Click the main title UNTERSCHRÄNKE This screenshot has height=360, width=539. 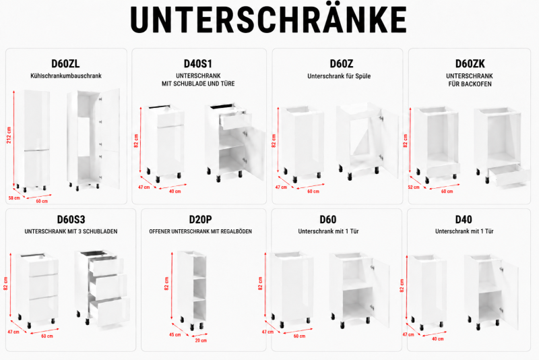[268, 19]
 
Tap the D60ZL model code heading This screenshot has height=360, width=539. [65, 63]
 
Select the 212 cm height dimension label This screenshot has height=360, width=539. [9, 135]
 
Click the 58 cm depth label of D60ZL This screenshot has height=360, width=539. [14, 198]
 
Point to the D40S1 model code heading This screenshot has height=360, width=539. [198, 63]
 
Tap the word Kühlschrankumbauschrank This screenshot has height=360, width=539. [66, 76]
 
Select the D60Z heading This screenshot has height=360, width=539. [341, 63]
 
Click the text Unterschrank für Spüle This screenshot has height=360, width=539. [339, 76]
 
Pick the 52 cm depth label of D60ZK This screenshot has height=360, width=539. [414, 187]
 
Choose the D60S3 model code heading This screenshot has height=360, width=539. [71, 219]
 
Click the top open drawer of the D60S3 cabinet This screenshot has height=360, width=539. [106, 266]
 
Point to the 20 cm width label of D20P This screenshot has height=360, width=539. [201, 340]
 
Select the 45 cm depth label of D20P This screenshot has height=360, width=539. [175, 334]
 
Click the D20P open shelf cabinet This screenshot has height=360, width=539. [192, 289]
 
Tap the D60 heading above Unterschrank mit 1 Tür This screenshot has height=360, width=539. [328, 219]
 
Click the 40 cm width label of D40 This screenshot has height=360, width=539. [437, 338]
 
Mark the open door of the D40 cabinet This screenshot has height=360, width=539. [510, 295]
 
